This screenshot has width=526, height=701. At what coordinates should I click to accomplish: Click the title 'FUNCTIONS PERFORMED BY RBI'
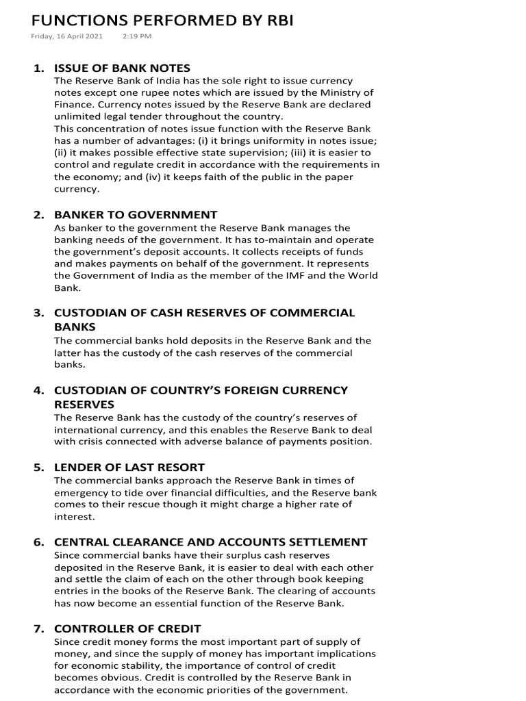pyautogui.click(x=162, y=21)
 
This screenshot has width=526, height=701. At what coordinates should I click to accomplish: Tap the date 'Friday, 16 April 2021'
pyautogui.click(x=67, y=36)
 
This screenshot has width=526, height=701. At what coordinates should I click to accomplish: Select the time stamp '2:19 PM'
pyautogui.click(x=137, y=36)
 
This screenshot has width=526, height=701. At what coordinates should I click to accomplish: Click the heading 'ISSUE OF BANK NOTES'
pyautogui.click(x=122, y=68)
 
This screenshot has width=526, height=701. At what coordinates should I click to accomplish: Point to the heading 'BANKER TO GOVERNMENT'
pyautogui.click(x=136, y=215)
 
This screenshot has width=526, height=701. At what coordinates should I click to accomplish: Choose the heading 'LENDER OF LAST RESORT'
pyautogui.click(x=129, y=468)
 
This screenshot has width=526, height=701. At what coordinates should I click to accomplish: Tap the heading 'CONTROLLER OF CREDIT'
pyautogui.click(x=127, y=628)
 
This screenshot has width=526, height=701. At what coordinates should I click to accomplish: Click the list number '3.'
pyautogui.click(x=39, y=313)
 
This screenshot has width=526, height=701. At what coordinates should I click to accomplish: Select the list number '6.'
pyautogui.click(x=39, y=542)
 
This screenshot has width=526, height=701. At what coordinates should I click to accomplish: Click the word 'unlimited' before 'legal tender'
pyautogui.click(x=76, y=116)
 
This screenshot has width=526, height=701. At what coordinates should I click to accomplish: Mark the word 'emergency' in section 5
pyautogui.click(x=82, y=493)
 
